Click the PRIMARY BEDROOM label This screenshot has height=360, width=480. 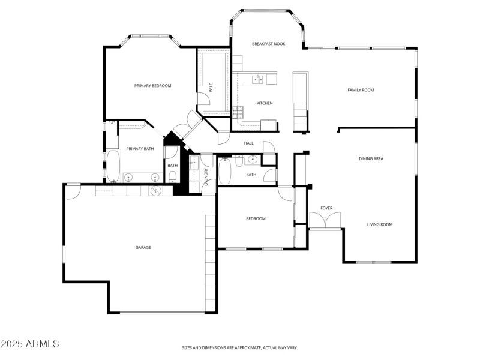coord(152,86)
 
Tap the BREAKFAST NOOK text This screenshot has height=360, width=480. coord(268,44)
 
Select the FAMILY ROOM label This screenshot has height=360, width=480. coord(361,90)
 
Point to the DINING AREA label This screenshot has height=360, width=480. coord(371,158)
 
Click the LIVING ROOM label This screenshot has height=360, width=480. coord(380,224)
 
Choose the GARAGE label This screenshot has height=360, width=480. coord(143,247)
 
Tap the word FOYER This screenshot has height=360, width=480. coord(326,208)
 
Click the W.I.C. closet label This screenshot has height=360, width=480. coord(211,87)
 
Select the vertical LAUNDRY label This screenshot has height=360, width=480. coord(206,177)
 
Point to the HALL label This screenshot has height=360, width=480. coord(248,143)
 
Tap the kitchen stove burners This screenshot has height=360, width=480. coord(238,111)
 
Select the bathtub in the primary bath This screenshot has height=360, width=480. coord(113,166)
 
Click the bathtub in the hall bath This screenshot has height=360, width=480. coord(224,171)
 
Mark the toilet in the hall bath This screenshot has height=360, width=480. coord(239,160)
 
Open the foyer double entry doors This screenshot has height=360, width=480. coord(325,220)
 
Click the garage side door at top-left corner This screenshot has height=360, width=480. coord(73,191)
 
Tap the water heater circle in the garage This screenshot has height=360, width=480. coord(156,191)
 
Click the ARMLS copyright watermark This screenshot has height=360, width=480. coord(30,344)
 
